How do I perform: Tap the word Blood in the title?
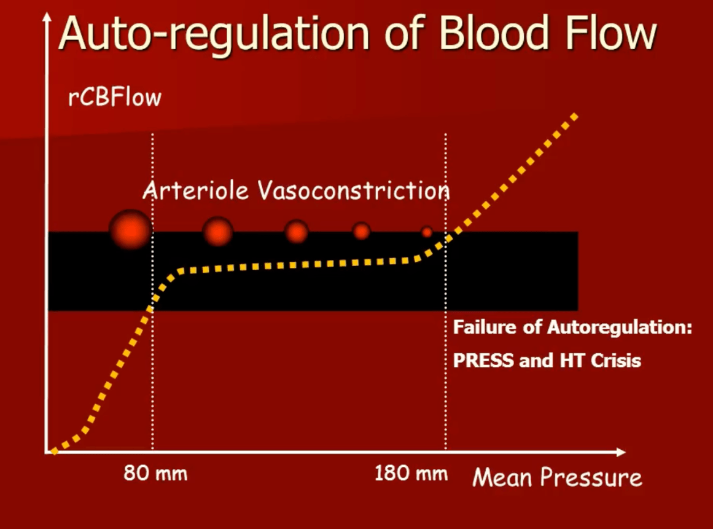point(494,33)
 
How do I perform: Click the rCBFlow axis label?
point(115,97)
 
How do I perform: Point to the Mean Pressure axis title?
point(557,477)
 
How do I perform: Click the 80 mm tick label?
point(155,473)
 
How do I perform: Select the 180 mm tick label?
point(411,473)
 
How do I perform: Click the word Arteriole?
point(195,190)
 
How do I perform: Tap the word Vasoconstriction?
point(354,190)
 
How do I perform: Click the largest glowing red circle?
point(131,229)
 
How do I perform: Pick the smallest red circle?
point(427,232)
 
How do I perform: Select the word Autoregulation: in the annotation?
point(620,328)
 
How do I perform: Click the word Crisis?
point(616,361)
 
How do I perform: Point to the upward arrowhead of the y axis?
point(47,17)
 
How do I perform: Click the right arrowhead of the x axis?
point(621,452)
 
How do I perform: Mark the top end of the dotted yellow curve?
point(575,117)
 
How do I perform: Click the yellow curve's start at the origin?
point(54,451)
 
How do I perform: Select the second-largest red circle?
point(218,231)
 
